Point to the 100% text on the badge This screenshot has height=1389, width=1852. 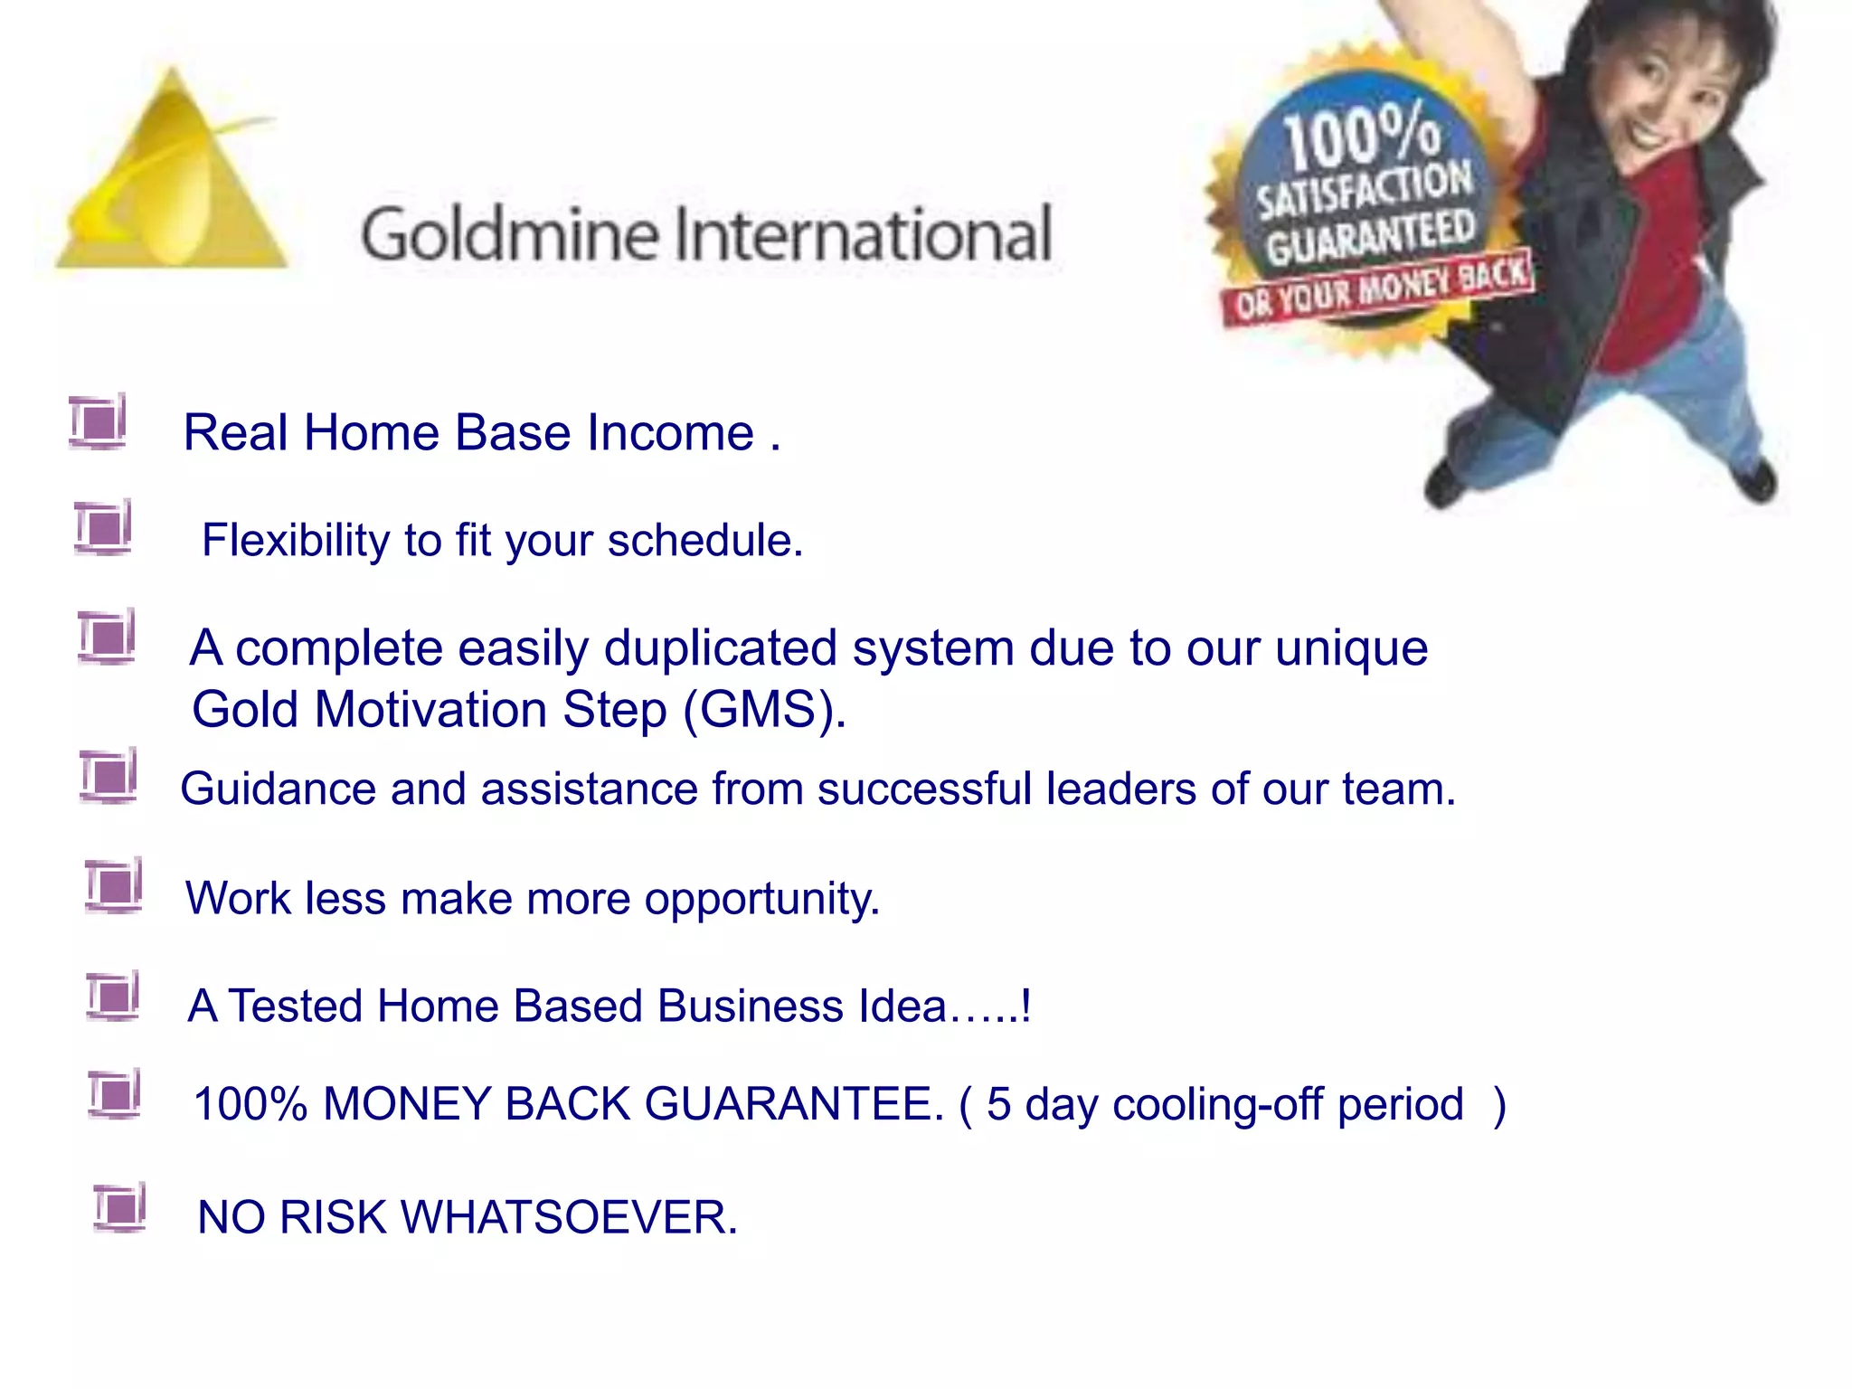pos(1361,136)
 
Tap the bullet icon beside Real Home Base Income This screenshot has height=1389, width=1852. pos(98,421)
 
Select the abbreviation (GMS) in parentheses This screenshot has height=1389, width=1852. pos(764,710)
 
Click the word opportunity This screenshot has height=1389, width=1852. pos(761,900)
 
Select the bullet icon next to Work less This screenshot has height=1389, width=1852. pos(114,885)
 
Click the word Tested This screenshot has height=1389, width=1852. pos(295,1006)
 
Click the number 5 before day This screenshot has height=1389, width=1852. pos(998,1105)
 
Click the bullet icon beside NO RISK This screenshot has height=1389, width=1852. pos(119,1207)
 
